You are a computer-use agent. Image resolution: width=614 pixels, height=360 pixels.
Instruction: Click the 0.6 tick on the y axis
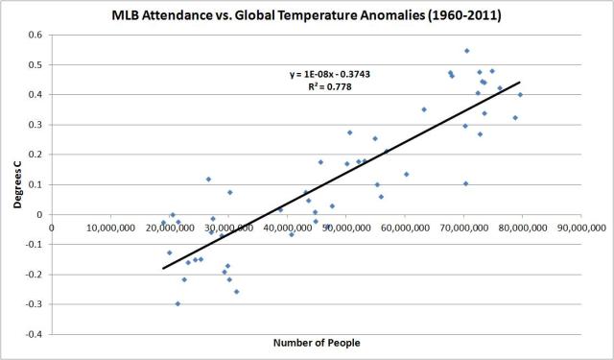point(36,35)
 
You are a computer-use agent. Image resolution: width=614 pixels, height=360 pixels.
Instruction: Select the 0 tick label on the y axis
point(40,215)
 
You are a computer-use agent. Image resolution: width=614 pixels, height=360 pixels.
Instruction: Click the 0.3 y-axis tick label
point(36,125)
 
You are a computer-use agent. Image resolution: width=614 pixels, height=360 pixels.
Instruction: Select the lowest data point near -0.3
point(177,303)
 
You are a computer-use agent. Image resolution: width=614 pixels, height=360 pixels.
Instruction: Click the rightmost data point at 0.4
point(520,94)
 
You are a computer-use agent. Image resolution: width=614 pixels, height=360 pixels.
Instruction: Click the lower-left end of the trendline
point(163,268)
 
